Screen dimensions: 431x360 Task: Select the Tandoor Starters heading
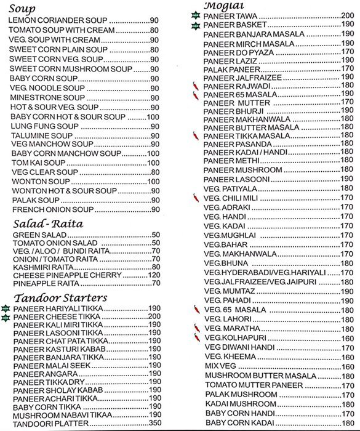click(61, 298)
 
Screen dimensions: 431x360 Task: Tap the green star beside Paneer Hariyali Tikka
click(6, 309)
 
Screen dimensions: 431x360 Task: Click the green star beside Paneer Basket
click(196, 25)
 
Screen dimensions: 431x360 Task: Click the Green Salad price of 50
click(155, 235)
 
